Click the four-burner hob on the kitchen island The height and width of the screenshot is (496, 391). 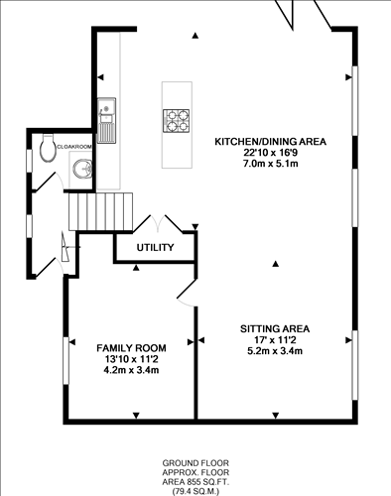(176, 119)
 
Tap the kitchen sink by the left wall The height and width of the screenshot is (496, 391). (106, 118)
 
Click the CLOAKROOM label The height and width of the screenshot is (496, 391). (74, 146)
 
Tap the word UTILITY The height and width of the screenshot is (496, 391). (156, 247)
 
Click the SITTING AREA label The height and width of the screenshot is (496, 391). (275, 328)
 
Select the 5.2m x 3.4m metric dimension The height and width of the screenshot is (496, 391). (275, 351)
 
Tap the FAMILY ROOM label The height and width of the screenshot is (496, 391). (130, 347)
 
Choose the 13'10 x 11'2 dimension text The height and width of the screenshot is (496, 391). (130, 359)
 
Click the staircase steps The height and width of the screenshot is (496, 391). (99, 210)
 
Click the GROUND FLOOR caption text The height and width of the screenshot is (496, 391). (196, 463)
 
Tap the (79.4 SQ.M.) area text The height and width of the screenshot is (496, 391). (196, 490)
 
